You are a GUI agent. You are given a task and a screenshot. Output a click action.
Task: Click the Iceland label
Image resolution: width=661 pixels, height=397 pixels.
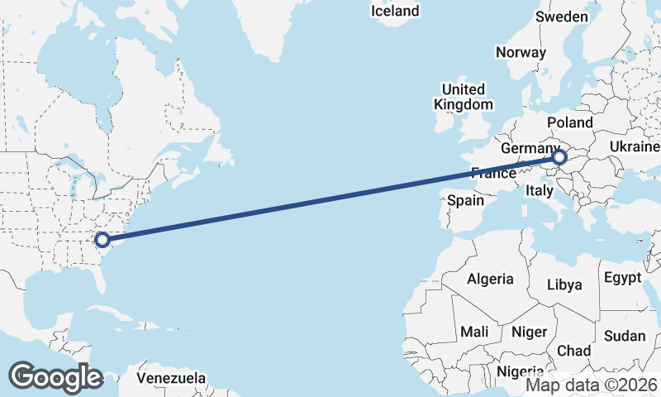tap(395, 11)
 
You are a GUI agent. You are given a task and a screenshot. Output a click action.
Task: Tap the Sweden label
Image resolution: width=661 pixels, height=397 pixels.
tap(562, 17)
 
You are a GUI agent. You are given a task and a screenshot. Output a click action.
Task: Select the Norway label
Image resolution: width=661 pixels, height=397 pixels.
tap(521, 52)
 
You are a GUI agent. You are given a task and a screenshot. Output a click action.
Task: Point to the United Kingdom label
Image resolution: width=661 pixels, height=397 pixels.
tap(464, 97)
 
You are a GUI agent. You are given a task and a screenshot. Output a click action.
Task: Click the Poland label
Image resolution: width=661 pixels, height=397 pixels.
tap(570, 122)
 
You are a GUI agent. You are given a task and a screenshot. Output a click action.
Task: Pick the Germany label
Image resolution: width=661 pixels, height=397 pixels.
tap(530, 147)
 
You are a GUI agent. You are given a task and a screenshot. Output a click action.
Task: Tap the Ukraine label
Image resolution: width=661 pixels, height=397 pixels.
tap(635, 146)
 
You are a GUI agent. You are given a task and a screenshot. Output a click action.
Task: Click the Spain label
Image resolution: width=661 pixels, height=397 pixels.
tap(465, 200)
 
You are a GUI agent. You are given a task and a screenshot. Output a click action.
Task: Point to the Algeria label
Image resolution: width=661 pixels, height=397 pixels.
tap(490, 280)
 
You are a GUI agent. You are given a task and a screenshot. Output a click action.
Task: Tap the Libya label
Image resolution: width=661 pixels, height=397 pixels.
tap(565, 285)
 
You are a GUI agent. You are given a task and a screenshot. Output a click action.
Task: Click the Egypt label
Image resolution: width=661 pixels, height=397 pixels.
tap(622, 277)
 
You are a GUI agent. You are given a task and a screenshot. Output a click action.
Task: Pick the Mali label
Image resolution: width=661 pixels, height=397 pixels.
tap(474, 331)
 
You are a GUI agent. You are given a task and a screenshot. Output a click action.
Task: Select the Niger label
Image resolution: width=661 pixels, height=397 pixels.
tap(530, 332)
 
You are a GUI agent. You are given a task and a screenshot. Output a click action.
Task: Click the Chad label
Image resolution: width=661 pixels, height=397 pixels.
tap(573, 351)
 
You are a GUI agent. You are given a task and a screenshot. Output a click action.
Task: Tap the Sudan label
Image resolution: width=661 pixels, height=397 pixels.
tap(625, 336)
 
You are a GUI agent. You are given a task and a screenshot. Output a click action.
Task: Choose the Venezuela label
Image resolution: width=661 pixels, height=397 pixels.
tap(171, 378)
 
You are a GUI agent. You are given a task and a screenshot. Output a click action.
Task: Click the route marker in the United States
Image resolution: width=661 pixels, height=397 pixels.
tap(102, 240)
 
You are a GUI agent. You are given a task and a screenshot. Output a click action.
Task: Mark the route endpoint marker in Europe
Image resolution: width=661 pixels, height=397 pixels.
tap(559, 156)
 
